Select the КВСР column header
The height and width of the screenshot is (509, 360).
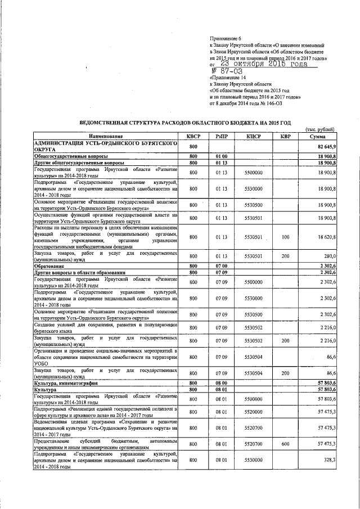(x=193, y=137)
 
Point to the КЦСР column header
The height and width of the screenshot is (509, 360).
(x=253, y=137)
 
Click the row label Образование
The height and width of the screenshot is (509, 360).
(x=51, y=265)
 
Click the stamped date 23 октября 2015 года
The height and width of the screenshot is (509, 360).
(x=264, y=64)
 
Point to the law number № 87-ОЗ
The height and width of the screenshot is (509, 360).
(x=227, y=72)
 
